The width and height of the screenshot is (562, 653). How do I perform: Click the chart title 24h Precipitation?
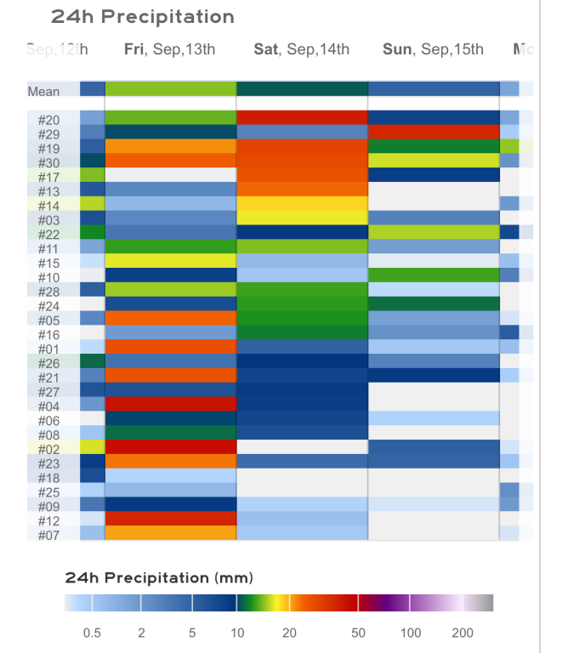[142, 16]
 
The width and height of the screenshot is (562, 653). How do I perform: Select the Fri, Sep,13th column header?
[169, 48]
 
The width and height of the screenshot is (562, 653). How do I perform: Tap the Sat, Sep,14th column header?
[301, 48]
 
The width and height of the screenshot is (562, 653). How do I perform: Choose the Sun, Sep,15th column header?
[433, 48]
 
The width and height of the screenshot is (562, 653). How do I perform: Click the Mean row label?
[43, 91]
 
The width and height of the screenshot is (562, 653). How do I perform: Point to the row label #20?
[48, 120]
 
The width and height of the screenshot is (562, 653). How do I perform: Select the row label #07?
[48, 535]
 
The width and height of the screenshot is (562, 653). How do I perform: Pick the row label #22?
[48, 235]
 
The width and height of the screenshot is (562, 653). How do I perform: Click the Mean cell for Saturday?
[302, 89]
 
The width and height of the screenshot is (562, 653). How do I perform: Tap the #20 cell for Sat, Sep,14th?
[302, 118]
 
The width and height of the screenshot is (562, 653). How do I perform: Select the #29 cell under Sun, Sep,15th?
[433, 133]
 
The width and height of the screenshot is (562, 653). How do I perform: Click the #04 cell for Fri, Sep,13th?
[170, 405]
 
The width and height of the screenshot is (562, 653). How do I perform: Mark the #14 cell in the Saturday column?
[302, 204]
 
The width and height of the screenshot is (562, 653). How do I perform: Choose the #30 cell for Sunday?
[433, 161]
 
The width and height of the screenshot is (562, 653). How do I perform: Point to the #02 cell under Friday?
[170, 447]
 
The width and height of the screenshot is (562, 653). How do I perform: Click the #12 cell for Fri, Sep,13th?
[170, 519]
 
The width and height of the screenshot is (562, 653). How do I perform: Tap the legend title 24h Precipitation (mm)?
[159, 578]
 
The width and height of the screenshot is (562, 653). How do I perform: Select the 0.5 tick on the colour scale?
[92, 633]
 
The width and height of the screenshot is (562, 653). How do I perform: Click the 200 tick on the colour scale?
[463, 633]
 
